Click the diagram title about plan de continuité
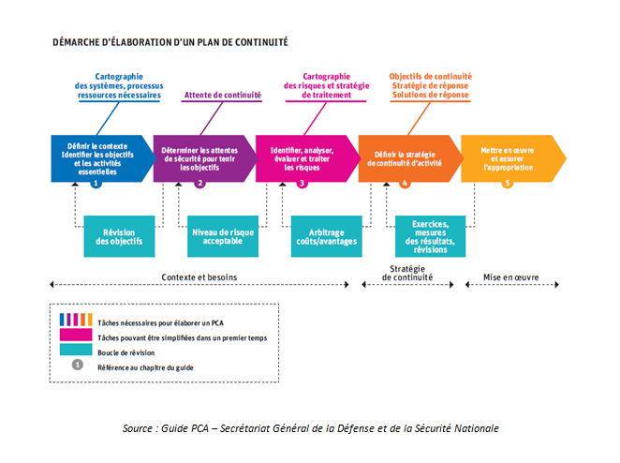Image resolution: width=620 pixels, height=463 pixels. coord(170,42)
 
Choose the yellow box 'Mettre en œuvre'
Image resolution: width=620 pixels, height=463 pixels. coord(513,158)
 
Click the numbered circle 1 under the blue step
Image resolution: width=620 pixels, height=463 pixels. coord(96,183)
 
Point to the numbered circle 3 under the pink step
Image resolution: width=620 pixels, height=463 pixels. coord(303,183)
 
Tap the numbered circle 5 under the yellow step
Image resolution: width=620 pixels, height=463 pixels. coord(508,183)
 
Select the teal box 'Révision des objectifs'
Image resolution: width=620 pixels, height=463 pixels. coord(119,236)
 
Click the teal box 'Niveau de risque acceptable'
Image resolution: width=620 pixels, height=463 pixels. coord(223,236)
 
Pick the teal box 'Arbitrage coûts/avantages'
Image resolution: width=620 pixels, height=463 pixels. coord(326,236)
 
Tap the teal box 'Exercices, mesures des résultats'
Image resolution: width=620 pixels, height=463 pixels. coord(430,236)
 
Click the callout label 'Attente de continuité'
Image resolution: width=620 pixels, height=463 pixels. coord(223,95)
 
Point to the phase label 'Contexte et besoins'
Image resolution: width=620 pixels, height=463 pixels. coord(199,277)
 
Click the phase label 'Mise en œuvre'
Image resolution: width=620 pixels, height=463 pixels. coord(510,277)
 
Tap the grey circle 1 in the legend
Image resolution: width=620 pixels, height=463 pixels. coord(78,365)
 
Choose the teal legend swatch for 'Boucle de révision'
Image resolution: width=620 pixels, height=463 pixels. coord(76,350)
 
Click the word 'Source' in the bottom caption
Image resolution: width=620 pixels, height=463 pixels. coord(138,428)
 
